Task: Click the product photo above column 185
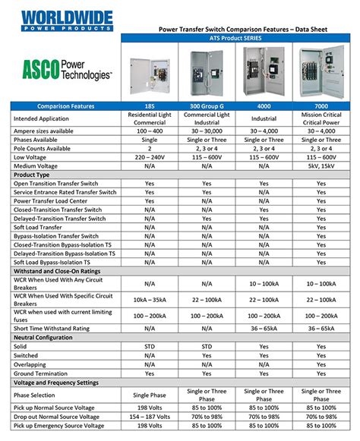tap(150, 72)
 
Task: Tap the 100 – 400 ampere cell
tap(150, 131)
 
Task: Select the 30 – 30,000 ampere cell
tap(207, 131)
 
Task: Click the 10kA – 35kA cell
tap(150, 299)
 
